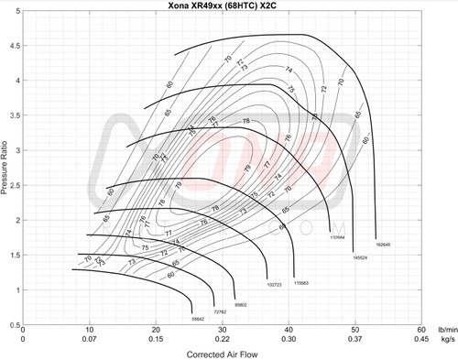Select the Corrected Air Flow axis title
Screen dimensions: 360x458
(221, 353)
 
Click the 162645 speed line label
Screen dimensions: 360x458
(382, 245)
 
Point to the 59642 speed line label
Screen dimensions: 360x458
(197, 320)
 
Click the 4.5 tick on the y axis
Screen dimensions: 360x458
(16, 45)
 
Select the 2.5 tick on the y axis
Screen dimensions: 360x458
(16, 185)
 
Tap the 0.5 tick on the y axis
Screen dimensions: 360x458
(16, 325)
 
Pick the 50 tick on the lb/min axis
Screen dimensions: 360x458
(354, 331)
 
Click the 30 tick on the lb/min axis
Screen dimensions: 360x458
(222, 331)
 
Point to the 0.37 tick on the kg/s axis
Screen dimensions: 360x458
(354, 340)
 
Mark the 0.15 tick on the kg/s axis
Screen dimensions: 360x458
(155, 340)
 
